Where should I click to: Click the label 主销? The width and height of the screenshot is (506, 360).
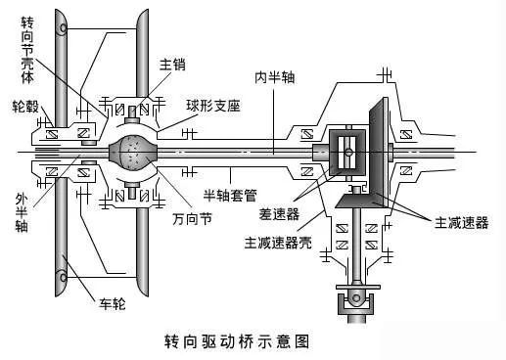172,65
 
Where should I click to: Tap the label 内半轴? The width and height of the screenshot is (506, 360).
275,77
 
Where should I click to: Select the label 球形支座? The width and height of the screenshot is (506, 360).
213,106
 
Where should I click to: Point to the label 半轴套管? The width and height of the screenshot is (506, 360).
230,195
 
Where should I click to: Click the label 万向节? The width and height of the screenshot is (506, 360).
192,218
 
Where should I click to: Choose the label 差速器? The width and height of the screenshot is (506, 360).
279,214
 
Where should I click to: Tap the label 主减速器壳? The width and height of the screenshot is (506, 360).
278,243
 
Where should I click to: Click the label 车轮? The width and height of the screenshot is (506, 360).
113,304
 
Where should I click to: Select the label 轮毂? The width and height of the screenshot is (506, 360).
25,107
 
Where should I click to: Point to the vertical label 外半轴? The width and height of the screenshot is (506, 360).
22,212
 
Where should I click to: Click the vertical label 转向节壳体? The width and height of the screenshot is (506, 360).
27,50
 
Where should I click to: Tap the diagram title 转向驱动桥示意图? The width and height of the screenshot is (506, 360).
237,341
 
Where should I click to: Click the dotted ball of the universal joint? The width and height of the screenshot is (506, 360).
133,153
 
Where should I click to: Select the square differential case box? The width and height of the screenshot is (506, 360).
347,153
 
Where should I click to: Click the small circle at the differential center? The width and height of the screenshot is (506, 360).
348,152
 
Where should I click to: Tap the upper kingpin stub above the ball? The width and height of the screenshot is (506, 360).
132,114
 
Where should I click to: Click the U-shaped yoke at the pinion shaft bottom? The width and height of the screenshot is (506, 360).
355,304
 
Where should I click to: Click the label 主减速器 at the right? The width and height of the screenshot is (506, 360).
461,223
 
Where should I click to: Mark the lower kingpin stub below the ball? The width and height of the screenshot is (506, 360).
132,190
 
